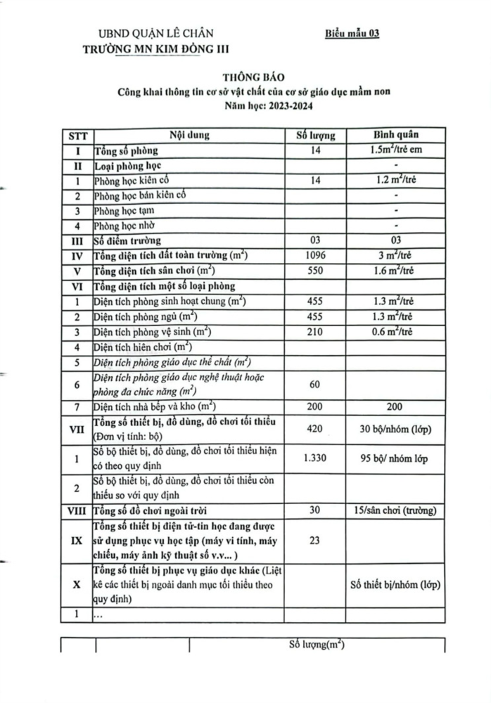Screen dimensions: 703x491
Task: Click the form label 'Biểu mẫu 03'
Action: click(x=352, y=33)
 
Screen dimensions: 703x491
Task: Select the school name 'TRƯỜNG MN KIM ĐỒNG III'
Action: click(x=155, y=48)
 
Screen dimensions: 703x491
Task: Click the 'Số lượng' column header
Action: click(x=314, y=134)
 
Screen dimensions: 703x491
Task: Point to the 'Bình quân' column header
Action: click(x=397, y=134)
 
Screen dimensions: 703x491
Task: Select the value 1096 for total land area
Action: click(x=314, y=256)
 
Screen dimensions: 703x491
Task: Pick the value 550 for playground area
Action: click(x=314, y=271)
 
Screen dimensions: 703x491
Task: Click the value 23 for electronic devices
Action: click(x=314, y=541)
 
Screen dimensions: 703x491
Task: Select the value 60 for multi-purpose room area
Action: click(x=314, y=385)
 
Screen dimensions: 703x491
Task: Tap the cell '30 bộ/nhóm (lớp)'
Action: click(x=397, y=428)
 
